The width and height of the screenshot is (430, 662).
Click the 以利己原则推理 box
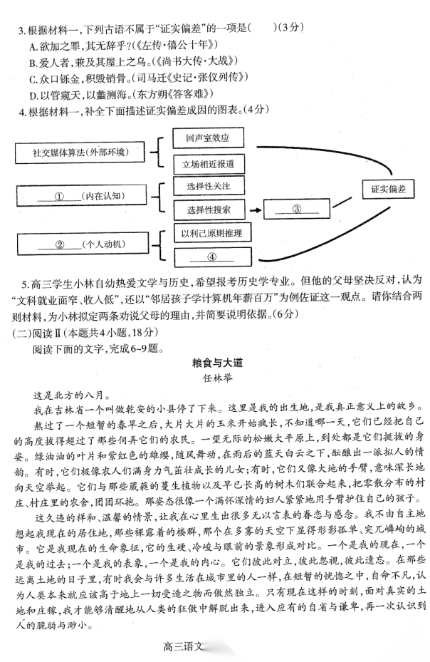(x=211, y=234)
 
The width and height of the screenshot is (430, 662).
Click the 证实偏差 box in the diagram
(x=388, y=190)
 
